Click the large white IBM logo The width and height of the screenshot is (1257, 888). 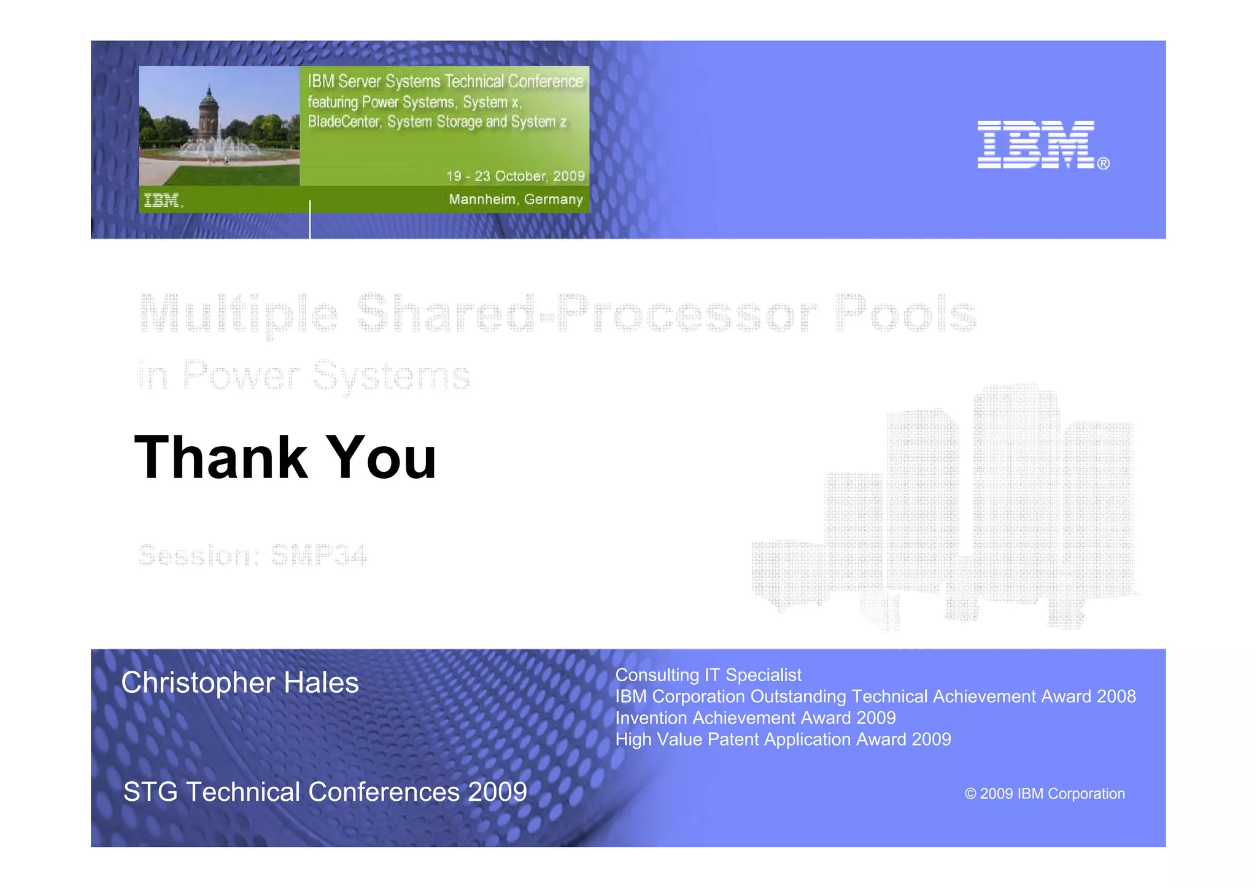click(1035, 144)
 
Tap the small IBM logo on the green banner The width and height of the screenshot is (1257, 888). click(161, 200)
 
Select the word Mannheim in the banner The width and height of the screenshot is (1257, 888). click(482, 199)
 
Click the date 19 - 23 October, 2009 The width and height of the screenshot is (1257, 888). click(515, 176)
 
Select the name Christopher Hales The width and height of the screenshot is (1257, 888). click(240, 683)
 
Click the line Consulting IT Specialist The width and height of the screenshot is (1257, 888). click(708, 675)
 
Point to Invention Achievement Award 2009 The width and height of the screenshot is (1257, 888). click(756, 718)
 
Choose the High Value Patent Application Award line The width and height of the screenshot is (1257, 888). click(783, 739)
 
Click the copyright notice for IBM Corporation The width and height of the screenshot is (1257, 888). click(1045, 793)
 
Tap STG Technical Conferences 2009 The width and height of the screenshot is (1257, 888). click(325, 792)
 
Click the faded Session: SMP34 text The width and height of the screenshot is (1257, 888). click(252, 555)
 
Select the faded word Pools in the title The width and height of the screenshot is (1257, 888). click(905, 314)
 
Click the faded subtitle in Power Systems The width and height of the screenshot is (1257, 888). click(304, 375)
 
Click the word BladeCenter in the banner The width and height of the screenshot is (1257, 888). click(344, 122)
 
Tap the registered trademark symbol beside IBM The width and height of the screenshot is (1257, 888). click(1103, 164)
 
